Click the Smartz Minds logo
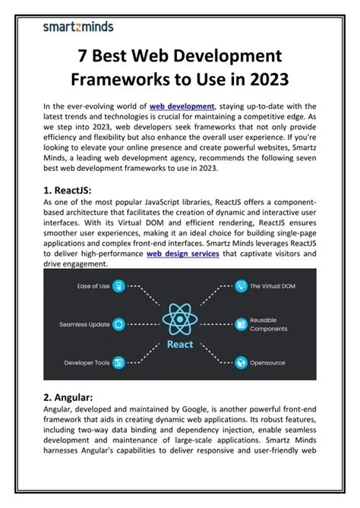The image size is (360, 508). (x=78, y=27)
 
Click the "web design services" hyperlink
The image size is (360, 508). (x=182, y=254)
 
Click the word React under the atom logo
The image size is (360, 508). (x=181, y=345)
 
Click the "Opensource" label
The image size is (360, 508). (x=267, y=363)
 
